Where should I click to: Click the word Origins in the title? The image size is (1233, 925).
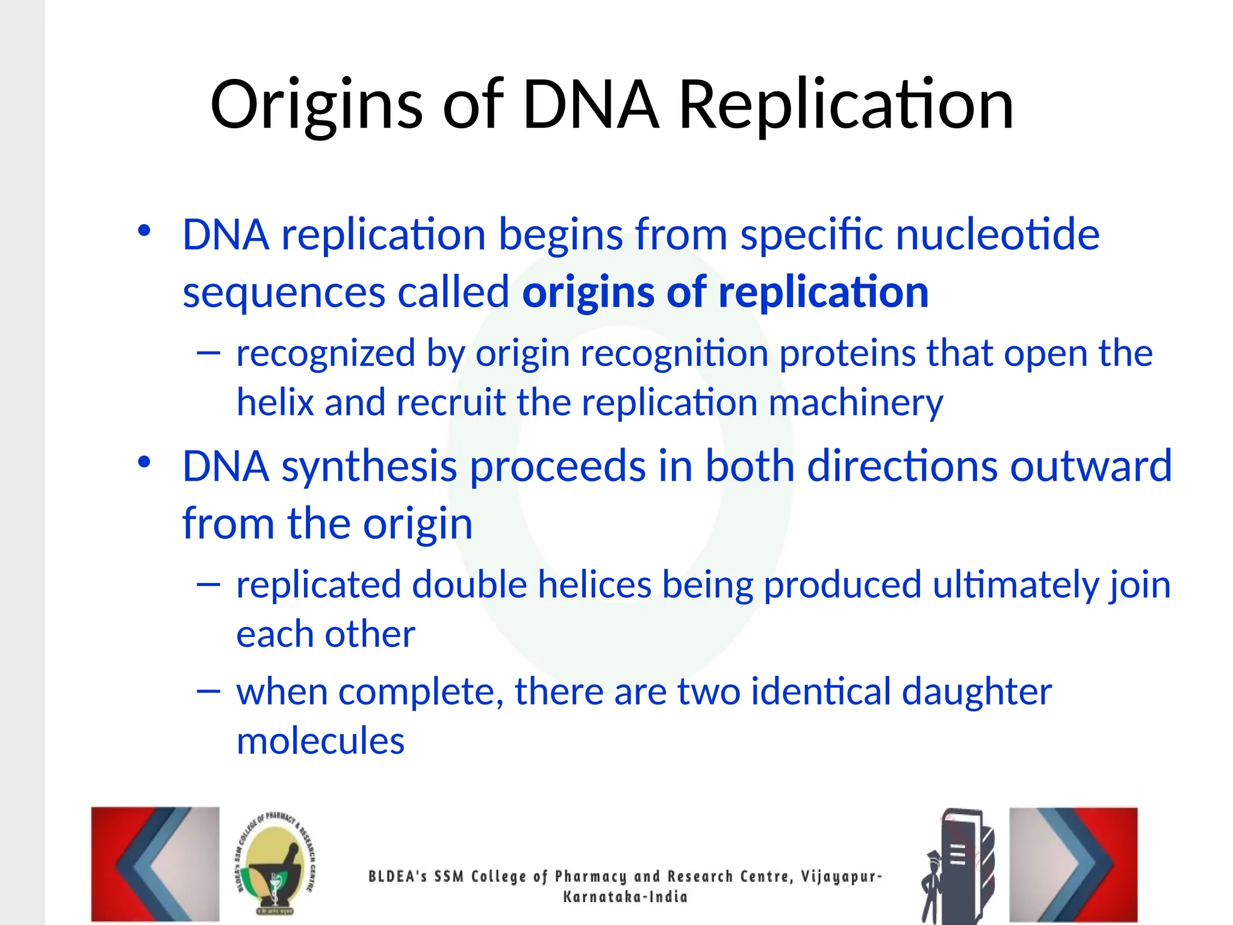[x=316, y=106]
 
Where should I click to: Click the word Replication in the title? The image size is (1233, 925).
[x=846, y=106]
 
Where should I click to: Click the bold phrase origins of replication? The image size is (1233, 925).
[x=725, y=292]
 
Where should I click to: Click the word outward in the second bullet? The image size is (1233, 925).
[x=1090, y=466]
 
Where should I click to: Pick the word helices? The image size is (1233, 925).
[x=594, y=585]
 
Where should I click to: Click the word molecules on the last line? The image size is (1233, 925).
[x=320, y=741]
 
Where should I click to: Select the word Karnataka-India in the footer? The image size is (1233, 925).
[x=624, y=897]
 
